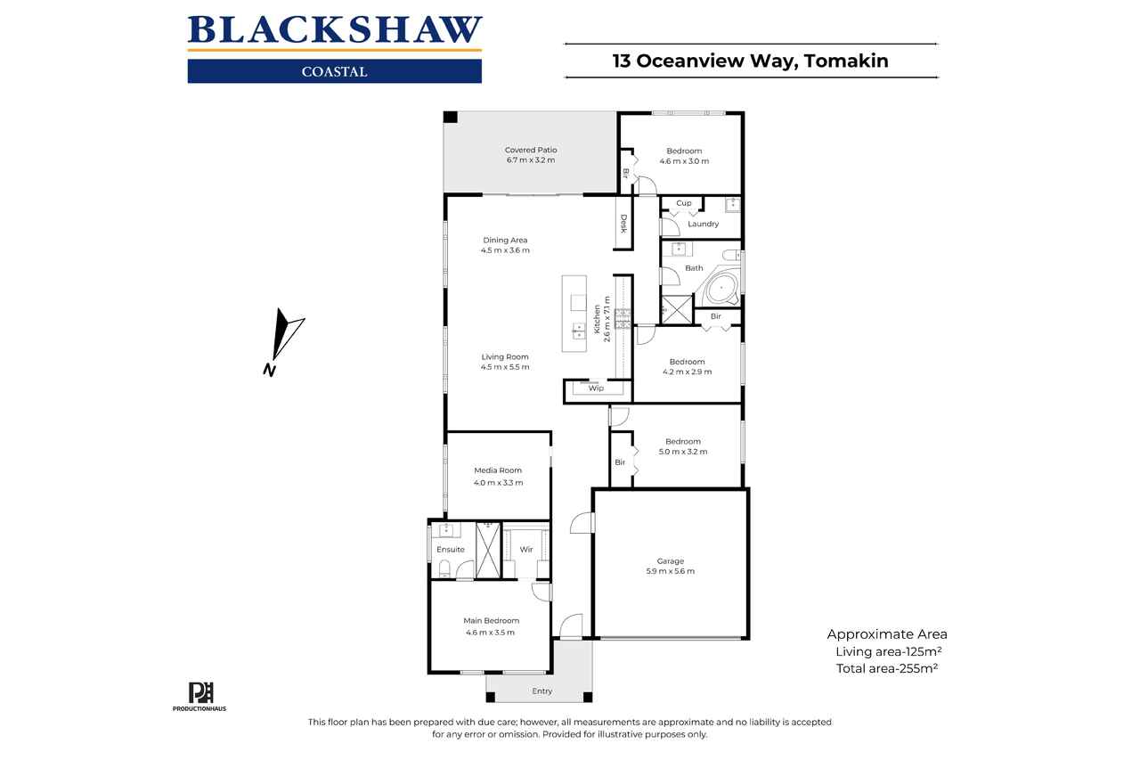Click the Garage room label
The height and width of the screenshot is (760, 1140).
[670, 561]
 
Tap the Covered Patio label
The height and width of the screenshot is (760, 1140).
[531, 151]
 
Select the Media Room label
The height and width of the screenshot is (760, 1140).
[498, 470]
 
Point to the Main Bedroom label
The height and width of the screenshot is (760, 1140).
[491, 620]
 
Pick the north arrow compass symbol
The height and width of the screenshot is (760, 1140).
[283, 341]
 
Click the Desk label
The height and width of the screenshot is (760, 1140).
[623, 224]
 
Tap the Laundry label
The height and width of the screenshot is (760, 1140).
[703, 224]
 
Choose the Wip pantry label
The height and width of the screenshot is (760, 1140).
[596, 388]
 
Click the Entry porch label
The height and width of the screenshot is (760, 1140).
[542, 691]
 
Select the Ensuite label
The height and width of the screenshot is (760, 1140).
[451, 550]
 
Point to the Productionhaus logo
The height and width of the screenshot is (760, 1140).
[199, 697]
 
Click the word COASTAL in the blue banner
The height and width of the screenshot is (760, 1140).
[334, 72]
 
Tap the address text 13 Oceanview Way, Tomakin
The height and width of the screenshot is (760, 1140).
[750, 61]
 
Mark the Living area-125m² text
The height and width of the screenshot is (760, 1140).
[888, 651]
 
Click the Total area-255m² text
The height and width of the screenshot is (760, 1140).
[887, 668]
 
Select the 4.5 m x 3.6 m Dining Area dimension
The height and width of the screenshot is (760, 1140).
[505, 250]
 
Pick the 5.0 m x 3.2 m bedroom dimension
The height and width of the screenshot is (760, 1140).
[683, 452]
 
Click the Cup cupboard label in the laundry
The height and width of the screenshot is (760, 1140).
[683, 203]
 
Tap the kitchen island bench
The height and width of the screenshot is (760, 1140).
[574, 314]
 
